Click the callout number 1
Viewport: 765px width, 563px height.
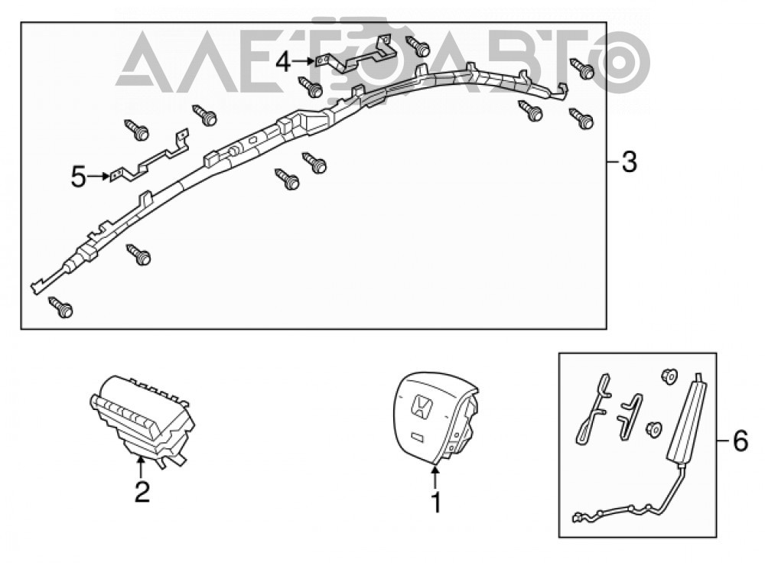coord(436,503)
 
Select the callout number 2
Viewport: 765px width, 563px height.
coord(142,492)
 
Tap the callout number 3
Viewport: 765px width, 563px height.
coord(630,162)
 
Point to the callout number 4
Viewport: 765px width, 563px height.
coord(284,62)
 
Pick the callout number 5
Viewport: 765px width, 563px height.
coord(79,177)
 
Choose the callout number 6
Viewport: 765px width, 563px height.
coord(740,441)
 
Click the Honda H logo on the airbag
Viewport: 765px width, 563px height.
coord(422,406)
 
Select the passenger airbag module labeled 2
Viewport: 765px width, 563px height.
coord(142,420)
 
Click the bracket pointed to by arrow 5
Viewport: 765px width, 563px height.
coord(149,158)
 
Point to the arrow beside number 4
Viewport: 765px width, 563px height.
coord(304,61)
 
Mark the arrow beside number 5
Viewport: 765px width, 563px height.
coord(99,176)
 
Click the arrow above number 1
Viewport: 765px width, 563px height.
coord(435,478)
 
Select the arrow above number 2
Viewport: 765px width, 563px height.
coord(141,467)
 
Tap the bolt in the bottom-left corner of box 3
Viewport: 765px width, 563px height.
coord(61,308)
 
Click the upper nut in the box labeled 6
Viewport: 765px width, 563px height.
coord(669,376)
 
